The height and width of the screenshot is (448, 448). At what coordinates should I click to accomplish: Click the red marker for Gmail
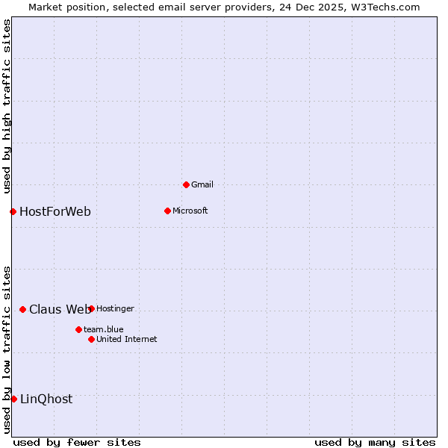(186, 184)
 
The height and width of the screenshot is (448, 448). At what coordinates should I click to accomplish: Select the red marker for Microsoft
(167, 211)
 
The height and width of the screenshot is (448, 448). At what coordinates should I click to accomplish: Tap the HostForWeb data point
(13, 211)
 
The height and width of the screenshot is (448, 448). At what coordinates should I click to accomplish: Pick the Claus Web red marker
(22, 309)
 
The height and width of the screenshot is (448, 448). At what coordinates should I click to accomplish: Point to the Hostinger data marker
(91, 308)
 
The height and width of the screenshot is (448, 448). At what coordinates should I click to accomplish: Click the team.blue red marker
(78, 329)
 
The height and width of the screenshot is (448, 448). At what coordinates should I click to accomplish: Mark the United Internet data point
(91, 339)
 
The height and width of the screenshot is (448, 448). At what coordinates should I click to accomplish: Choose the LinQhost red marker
(13, 399)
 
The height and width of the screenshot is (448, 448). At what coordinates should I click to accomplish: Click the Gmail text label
(202, 184)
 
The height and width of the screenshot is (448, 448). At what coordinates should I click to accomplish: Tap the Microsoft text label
(190, 211)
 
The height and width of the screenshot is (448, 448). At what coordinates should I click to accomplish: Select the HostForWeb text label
(55, 211)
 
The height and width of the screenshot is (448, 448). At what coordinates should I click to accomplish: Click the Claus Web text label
(59, 309)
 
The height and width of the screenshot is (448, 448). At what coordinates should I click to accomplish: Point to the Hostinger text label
(115, 308)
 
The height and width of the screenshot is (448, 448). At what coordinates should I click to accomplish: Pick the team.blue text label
(104, 329)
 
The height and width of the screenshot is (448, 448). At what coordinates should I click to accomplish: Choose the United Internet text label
(127, 339)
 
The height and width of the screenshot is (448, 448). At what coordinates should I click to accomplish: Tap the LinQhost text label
(46, 399)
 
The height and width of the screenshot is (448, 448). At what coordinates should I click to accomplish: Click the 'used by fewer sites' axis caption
(77, 442)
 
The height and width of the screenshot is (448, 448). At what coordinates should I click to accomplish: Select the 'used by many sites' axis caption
(375, 442)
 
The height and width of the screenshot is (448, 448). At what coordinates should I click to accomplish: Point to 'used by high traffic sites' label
(7, 107)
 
